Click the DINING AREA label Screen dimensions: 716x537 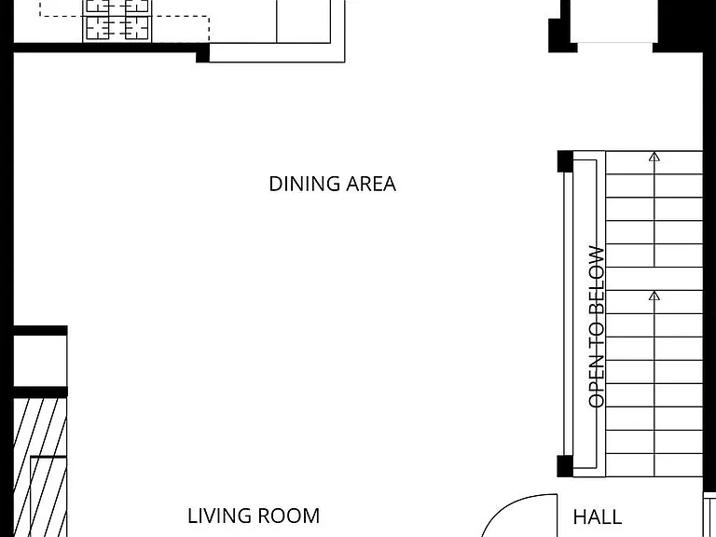click(333, 184)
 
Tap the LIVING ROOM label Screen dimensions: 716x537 click(254, 516)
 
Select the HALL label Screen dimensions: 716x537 click(598, 517)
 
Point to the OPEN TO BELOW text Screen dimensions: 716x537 click(597, 326)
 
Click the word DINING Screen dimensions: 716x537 click(305, 184)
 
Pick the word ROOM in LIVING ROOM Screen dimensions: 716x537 click(289, 516)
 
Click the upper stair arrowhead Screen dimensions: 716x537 click(654, 157)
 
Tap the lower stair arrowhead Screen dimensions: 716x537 click(654, 296)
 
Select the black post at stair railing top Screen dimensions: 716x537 click(565, 161)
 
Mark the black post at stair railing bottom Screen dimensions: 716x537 click(565, 466)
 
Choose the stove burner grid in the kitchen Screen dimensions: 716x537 click(117, 21)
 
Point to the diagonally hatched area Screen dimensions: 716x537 click(40, 467)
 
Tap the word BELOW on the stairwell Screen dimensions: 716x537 click(597, 281)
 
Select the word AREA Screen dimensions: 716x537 click(371, 184)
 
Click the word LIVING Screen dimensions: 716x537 click(220, 516)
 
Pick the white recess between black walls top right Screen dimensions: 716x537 click(614, 21)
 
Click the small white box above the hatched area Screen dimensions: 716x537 click(40, 361)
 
